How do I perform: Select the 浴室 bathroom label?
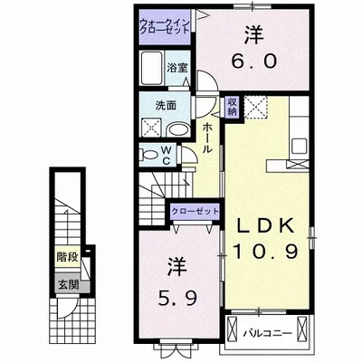tap(176, 67)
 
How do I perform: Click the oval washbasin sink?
tap(176, 129)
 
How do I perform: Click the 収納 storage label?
tap(233, 107)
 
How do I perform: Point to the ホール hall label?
tap(207, 138)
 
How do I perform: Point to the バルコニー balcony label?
tap(268, 333)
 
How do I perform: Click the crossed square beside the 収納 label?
tap(254, 108)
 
